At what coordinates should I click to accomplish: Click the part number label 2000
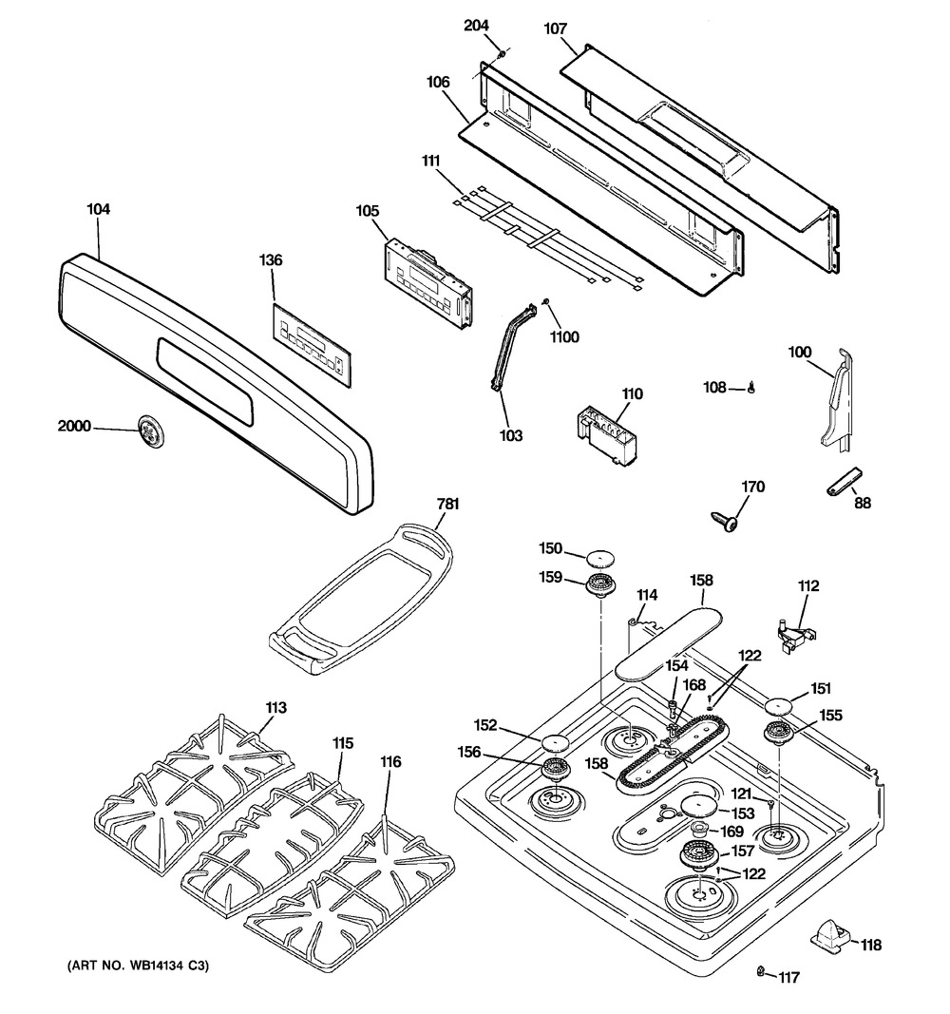(74, 426)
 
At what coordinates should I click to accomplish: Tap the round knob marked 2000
(150, 428)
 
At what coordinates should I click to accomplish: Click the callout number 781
(447, 504)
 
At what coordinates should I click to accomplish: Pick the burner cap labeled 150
(600, 559)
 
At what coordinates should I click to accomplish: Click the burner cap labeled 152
(556, 742)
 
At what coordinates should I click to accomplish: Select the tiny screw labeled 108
(750, 388)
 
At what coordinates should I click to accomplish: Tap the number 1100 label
(564, 337)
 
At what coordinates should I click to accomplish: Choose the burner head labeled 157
(699, 857)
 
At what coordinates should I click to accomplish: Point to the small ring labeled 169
(699, 830)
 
